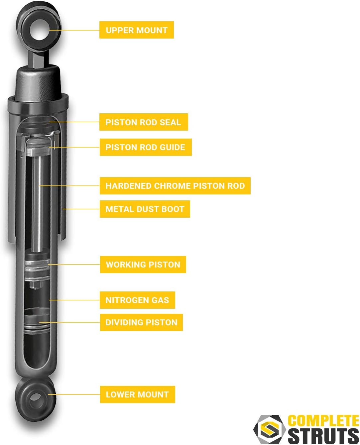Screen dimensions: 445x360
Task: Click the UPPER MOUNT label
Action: coord(136,30)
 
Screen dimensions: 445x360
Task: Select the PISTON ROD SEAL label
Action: coord(143,122)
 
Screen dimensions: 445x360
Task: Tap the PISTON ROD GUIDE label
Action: coord(145,147)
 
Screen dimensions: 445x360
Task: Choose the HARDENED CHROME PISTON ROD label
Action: coord(175,186)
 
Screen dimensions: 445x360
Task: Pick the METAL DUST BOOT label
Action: coord(145,209)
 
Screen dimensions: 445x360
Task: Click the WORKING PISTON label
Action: coord(143,265)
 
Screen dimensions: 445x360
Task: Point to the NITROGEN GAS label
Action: coord(137,300)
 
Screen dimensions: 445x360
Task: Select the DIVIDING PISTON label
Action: coord(141,322)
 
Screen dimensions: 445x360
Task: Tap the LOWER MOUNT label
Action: coord(137,394)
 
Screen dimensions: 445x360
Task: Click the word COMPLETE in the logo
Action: coord(323,421)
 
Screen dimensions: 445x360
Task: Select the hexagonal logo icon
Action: coord(269,429)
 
